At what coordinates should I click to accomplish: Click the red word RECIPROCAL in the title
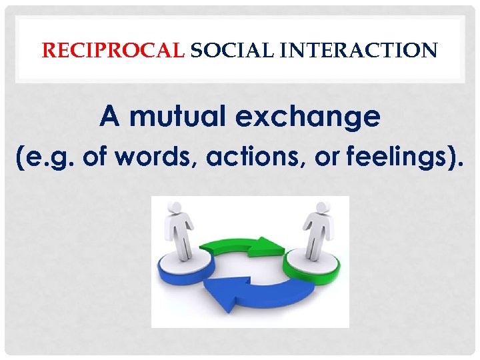(112, 50)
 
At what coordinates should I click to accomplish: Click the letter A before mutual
(109, 117)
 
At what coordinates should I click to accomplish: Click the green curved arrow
(240, 245)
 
